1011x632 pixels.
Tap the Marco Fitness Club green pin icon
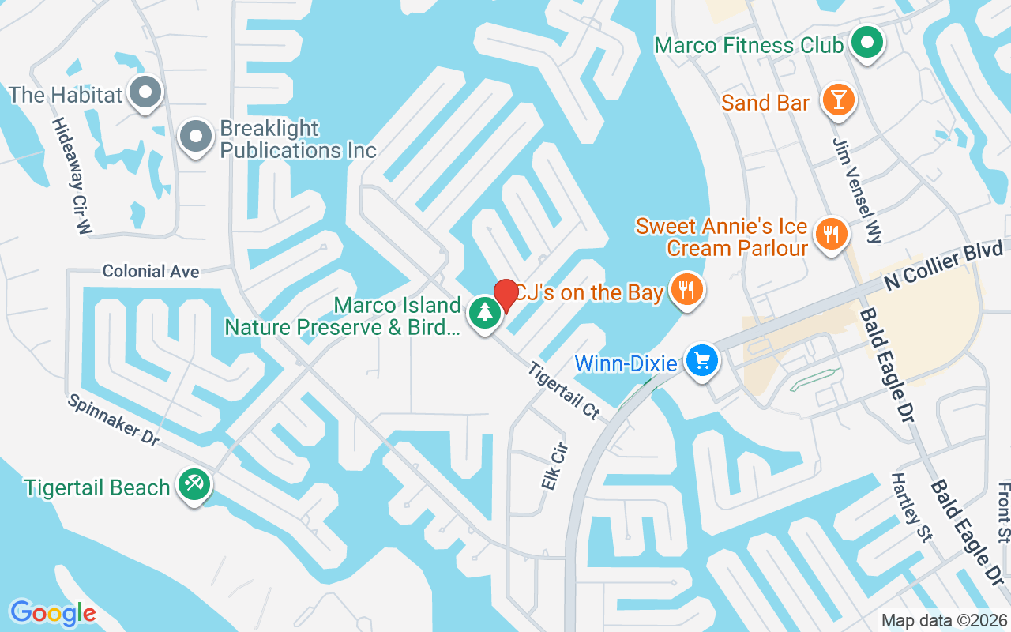pos(866,43)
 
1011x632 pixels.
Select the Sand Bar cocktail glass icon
pos(838,100)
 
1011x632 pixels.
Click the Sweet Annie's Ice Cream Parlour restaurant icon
pos(830,235)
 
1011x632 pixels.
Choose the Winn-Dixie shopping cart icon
pos(701,362)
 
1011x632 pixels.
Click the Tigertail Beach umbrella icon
pos(193,483)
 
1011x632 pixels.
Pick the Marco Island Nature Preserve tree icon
pos(484,313)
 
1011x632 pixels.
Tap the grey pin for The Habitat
pos(145,93)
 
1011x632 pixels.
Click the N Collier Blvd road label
pos(944,267)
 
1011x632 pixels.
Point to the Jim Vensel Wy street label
pos(857,190)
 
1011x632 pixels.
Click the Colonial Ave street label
pos(150,272)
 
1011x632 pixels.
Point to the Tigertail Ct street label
pos(564,390)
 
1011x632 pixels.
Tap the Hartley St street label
pos(912,508)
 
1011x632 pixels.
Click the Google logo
pos(53,612)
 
